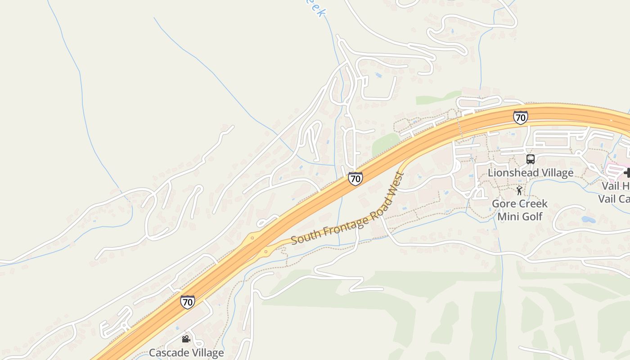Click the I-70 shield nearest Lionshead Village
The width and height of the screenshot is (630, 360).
(x=520, y=117)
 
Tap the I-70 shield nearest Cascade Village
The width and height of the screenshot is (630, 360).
(x=187, y=301)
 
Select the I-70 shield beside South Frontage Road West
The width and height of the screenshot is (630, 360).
(x=355, y=179)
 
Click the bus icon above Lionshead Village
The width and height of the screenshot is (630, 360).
(x=531, y=159)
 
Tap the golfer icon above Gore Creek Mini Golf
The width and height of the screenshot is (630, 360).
(x=520, y=190)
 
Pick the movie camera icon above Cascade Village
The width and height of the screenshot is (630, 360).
(x=186, y=339)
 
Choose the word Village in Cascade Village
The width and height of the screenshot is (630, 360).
(x=207, y=353)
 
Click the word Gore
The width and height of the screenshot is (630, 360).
(x=502, y=204)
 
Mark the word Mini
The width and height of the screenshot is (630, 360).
(x=508, y=216)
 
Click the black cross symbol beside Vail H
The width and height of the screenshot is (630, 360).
(x=627, y=172)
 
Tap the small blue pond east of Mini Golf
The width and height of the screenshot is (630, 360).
(x=588, y=220)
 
